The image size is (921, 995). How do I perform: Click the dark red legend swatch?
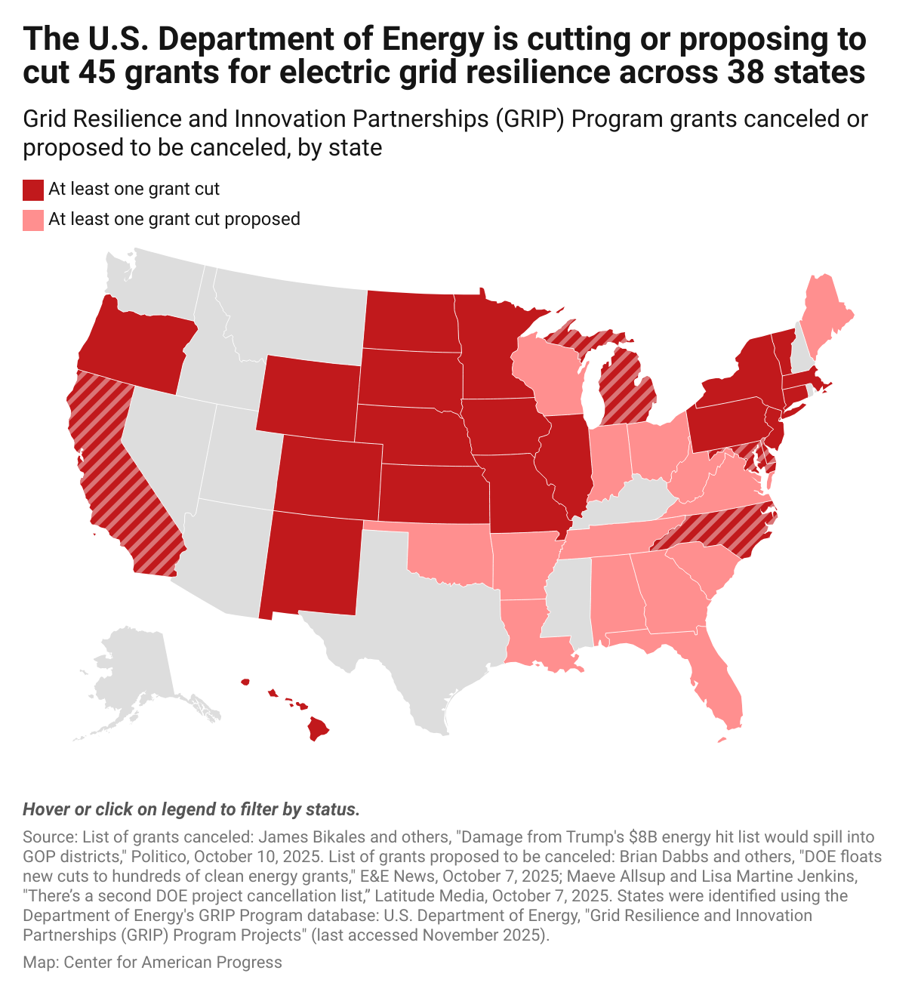tap(33, 189)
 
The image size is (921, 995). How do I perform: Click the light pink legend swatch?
tap(33, 220)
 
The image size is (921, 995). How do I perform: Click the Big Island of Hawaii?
tap(318, 729)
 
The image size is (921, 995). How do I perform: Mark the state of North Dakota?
tap(411, 321)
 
